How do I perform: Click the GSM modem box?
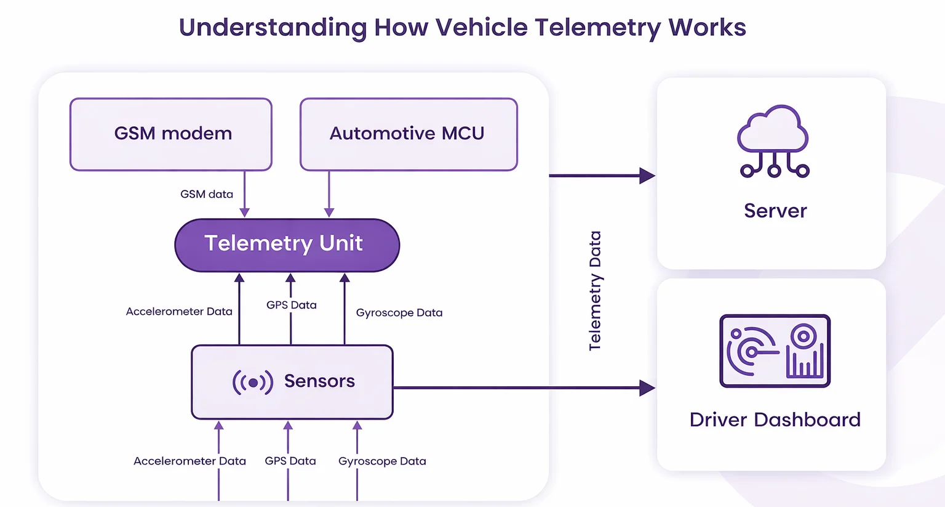click(x=171, y=134)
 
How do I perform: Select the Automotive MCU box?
click(x=409, y=134)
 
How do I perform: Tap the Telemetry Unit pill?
click(x=287, y=245)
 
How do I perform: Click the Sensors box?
click(x=292, y=382)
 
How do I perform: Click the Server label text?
click(x=775, y=211)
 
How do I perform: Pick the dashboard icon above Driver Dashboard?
click(x=775, y=351)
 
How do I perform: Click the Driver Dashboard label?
click(x=775, y=420)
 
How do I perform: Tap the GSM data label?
click(x=207, y=194)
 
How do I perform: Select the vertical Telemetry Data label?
click(x=595, y=291)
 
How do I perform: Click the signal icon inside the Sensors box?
click(x=252, y=382)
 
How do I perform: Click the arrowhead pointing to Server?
click(x=647, y=176)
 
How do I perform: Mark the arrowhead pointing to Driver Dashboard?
click(x=647, y=387)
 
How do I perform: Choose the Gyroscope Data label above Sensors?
click(x=399, y=312)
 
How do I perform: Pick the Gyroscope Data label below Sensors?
click(x=382, y=461)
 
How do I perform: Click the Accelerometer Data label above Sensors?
click(x=179, y=311)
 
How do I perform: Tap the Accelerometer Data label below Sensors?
click(x=189, y=461)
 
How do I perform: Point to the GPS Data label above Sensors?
click(x=292, y=304)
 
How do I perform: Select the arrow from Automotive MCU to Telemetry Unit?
click(x=329, y=194)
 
